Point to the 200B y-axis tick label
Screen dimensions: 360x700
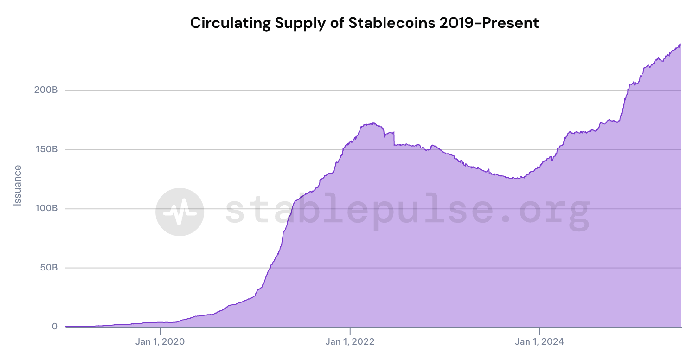[45, 90]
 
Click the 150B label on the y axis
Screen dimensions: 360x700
[45, 149]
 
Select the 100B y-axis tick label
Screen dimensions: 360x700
[45, 208]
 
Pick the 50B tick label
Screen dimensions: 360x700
[48, 268]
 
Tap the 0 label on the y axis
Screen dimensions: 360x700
[55, 327]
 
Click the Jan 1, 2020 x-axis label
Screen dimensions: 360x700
[160, 342]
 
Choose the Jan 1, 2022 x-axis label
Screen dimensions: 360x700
[350, 342]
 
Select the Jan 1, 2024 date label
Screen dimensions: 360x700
[540, 342]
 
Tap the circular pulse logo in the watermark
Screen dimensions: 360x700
[180, 212]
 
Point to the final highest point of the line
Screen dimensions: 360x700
[680, 44]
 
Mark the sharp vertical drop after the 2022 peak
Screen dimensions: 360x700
[394, 139]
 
